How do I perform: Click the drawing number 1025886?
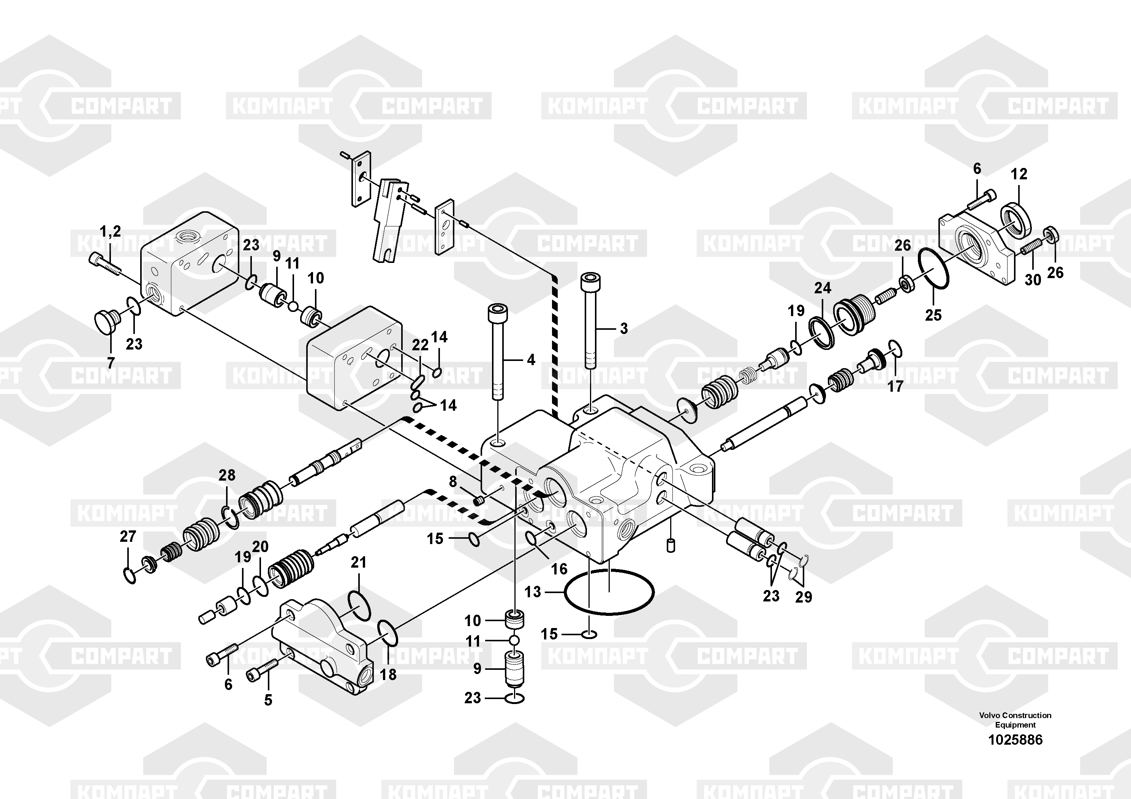(1015, 739)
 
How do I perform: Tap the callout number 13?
(533, 592)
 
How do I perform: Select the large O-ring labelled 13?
(609, 592)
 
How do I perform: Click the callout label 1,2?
(110, 231)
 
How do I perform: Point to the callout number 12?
(1019, 174)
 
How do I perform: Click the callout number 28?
(227, 475)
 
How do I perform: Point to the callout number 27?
(128, 536)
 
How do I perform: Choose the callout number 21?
(359, 562)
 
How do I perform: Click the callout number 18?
(388, 674)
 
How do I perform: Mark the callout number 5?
(268, 700)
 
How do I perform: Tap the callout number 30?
(1033, 280)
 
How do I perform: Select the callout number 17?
(895, 386)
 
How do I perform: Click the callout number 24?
(823, 288)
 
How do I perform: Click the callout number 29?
(804, 596)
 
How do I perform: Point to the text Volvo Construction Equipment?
(1015, 720)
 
